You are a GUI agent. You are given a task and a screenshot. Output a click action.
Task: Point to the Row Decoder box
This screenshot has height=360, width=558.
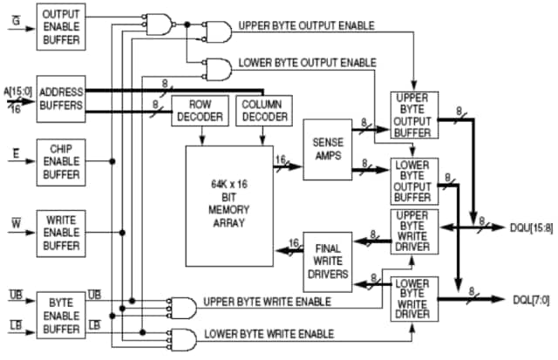[200, 111]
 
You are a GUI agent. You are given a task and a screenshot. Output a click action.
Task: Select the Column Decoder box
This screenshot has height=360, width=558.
[265, 111]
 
